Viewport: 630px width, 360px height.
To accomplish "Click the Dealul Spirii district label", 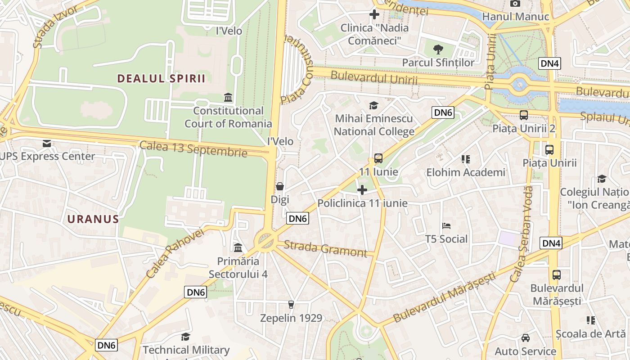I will click(x=161, y=79).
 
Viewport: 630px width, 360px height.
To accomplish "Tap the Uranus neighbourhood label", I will click(x=93, y=220).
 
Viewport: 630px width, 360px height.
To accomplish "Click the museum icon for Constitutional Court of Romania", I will click(x=228, y=98).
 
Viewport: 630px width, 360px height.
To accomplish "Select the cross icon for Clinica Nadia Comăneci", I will click(x=374, y=14).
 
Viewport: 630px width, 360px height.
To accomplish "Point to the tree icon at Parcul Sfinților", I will click(x=438, y=49).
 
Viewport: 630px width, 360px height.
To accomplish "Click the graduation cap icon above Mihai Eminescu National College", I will click(x=373, y=106).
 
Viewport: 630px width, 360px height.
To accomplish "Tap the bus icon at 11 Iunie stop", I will click(x=378, y=158).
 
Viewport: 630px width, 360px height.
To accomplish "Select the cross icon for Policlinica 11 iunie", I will click(x=362, y=190).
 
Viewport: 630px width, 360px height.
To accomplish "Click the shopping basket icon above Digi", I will click(x=280, y=186).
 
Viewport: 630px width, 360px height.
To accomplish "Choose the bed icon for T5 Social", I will click(x=446, y=225).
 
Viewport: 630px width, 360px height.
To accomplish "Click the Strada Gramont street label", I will click(x=326, y=249).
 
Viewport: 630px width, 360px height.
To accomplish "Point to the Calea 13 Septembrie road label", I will click(x=193, y=149).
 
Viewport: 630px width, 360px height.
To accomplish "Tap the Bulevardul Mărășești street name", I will click(x=444, y=297).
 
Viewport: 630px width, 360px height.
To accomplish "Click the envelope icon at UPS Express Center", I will click(x=47, y=144).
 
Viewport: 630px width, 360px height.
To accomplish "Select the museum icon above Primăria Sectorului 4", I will click(x=238, y=247).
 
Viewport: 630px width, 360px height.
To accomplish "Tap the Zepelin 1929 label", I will click(x=292, y=318).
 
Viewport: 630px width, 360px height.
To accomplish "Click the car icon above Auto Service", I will click(x=525, y=338).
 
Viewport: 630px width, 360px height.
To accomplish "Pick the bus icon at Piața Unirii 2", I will click(x=524, y=115).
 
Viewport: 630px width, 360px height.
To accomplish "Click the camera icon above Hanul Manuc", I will click(x=515, y=4).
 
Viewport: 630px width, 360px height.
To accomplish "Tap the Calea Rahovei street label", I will click(x=175, y=253).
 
